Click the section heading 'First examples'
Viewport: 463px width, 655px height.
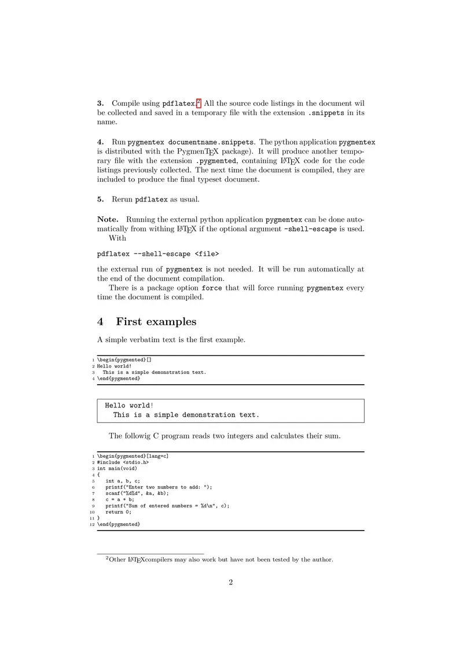pos(156,322)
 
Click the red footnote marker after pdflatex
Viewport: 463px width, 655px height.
pos(198,102)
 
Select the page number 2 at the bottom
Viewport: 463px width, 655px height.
pos(230,582)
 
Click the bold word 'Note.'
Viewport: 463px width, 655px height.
pos(108,219)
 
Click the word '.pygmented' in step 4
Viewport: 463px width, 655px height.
pos(216,161)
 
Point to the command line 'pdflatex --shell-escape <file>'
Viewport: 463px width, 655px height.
pos(158,253)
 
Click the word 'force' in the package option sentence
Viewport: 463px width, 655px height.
pos(211,288)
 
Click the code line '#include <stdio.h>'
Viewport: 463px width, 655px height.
pos(123,462)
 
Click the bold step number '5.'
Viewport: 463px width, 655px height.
pos(101,200)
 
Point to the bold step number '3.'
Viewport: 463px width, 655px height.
pos(101,104)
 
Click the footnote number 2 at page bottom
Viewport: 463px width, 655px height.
pos(107,558)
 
